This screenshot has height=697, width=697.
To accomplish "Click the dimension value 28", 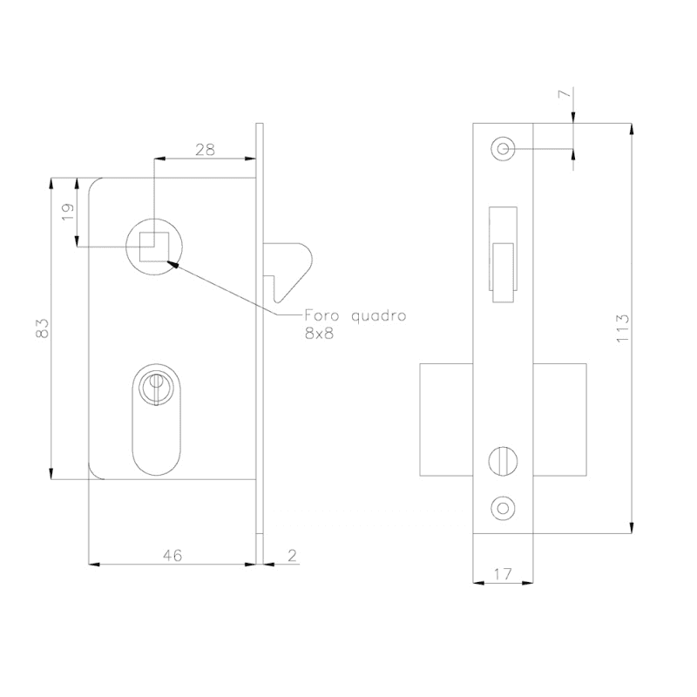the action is [x=205, y=150].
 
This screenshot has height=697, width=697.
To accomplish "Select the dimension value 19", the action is [x=67, y=212].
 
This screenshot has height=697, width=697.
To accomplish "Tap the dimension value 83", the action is [x=42, y=328].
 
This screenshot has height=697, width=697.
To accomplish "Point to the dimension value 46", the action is [x=173, y=555].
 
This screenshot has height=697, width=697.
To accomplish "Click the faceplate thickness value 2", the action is [x=292, y=555].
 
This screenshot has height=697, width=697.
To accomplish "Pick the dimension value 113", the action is [x=623, y=328].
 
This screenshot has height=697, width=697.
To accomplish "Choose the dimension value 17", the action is [x=503, y=574].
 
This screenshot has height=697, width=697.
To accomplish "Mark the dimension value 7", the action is [x=564, y=94].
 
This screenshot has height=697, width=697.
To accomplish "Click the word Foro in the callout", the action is [x=321, y=315].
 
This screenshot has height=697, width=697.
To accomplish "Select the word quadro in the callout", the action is [x=379, y=316].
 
